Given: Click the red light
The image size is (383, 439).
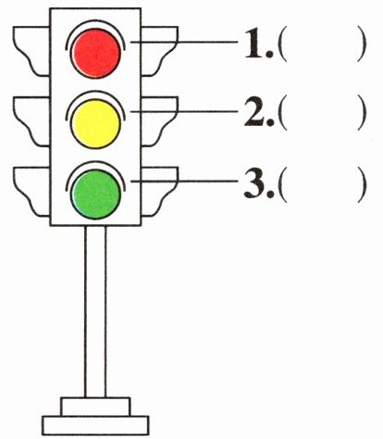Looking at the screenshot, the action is click(95, 53).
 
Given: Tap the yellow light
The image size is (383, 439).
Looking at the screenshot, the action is click(95, 123).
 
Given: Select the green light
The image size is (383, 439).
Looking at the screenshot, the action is click(95, 194).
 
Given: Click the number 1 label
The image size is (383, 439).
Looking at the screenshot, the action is click(258, 44).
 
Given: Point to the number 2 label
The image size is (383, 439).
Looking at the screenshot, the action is click(259, 113).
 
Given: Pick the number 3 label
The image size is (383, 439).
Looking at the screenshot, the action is click(259, 183).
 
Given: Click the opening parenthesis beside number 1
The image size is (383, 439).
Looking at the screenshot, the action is click(282, 45).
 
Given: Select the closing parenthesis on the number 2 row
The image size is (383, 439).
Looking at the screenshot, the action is click(362, 114).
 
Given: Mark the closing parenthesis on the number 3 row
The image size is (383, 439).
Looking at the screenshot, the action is click(362, 185).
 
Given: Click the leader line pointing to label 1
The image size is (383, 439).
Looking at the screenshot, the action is click(184, 42).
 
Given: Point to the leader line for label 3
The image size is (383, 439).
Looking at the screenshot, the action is click(184, 182).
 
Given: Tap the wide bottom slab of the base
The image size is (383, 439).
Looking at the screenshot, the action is click(95, 426).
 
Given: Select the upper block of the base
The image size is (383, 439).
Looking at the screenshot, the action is click(95, 407).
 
